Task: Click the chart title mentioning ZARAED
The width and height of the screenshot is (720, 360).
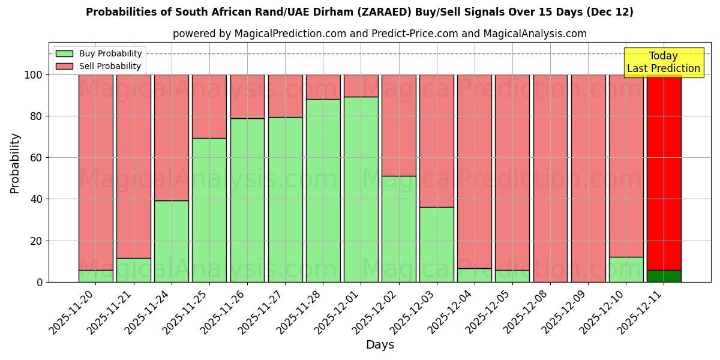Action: click(359, 12)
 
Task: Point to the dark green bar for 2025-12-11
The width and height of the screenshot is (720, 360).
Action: click(664, 276)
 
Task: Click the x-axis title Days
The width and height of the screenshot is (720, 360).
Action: click(380, 345)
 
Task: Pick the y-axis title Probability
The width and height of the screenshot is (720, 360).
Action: click(15, 163)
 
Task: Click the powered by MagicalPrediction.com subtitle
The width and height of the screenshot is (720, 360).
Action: click(379, 34)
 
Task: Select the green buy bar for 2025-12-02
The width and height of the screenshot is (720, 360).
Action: click(399, 229)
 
